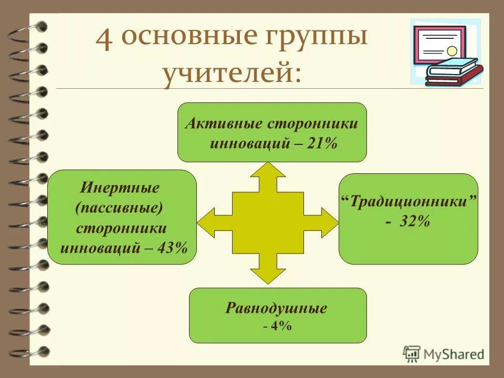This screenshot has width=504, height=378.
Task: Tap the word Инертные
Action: pos(120,187)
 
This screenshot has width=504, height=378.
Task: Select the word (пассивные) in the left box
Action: pos(119,207)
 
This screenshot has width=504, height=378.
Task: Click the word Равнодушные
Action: pos(277,308)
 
